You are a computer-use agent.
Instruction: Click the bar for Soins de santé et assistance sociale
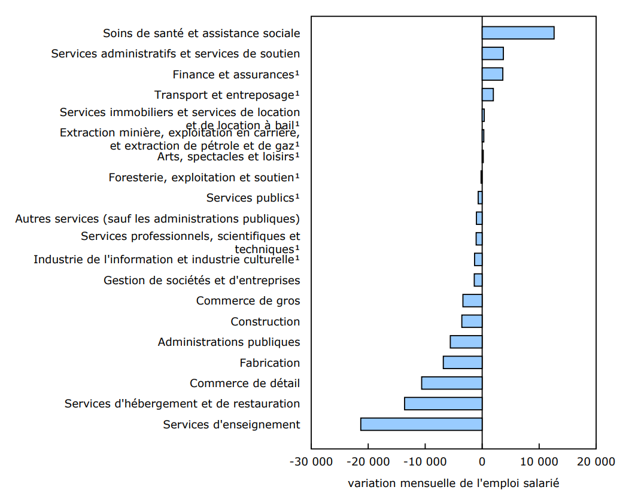518,33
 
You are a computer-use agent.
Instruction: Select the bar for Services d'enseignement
421,424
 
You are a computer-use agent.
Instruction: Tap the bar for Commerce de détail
452,383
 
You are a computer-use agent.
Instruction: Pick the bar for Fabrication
463,363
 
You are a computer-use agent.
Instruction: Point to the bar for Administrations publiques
466,342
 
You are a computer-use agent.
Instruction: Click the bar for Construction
472,321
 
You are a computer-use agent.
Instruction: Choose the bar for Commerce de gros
472,301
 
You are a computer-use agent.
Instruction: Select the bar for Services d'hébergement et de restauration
443,403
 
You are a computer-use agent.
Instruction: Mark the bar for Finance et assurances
493,74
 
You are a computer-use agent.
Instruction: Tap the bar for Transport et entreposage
488,95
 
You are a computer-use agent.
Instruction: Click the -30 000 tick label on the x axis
311,462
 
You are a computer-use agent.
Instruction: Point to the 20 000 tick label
596,462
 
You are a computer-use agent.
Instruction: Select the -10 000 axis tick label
425,462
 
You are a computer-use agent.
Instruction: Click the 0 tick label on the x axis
482,462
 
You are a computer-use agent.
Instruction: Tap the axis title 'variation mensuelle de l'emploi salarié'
453,483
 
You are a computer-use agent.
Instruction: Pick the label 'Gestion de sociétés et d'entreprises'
202,280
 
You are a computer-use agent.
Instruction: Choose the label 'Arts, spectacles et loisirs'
227,157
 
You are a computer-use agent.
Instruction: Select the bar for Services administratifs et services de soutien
493,53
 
